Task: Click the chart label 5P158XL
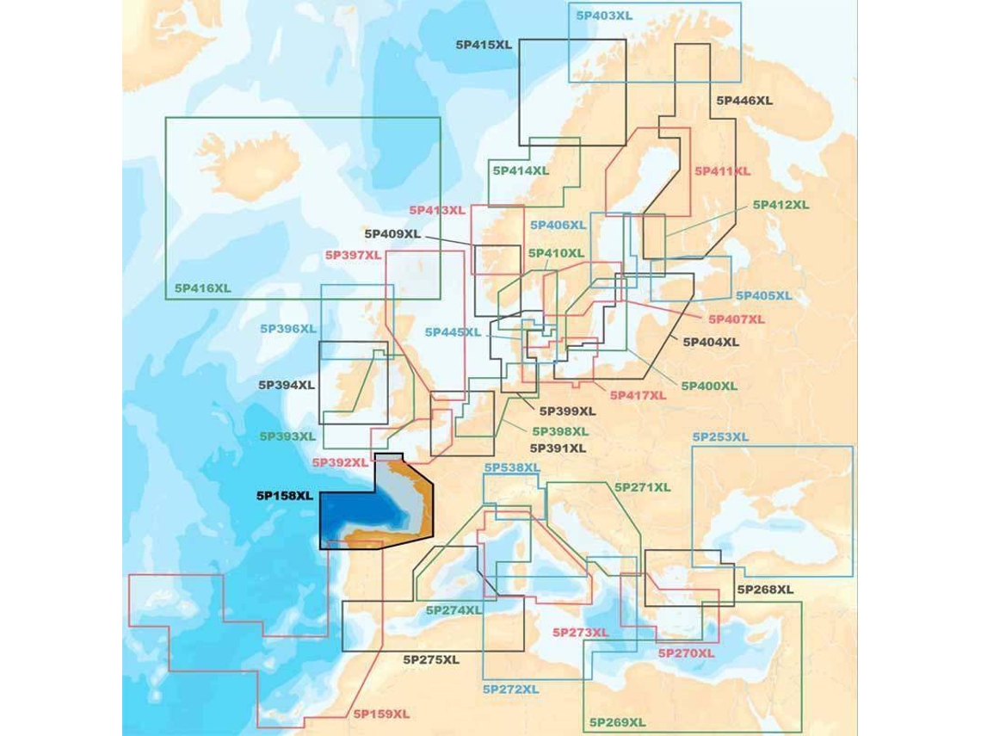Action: pyautogui.click(x=284, y=496)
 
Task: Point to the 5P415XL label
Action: pyautogui.click(x=484, y=44)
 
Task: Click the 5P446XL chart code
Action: pyautogui.click(x=744, y=101)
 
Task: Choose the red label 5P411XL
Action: pyautogui.click(x=722, y=171)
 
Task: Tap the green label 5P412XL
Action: pyautogui.click(x=780, y=205)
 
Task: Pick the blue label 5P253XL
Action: pyautogui.click(x=720, y=437)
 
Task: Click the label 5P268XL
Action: pyautogui.click(x=765, y=590)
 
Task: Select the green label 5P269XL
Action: pyautogui.click(x=617, y=721)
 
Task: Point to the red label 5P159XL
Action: pyautogui.click(x=380, y=714)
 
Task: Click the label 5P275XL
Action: pyautogui.click(x=431, y=659)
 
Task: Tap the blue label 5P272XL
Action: pyautogui.click(x=511, y=690)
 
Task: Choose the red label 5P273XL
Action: pyautogui.click(x=579, y=633)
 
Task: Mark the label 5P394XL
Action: pyautogui.click(x=287, y=385)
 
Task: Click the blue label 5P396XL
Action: pyautogui.click(x=288, y=329)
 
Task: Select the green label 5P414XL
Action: pyautogui.click(x=521, y=170)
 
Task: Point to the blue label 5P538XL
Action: pyautogui.click(x=512, y=467)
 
